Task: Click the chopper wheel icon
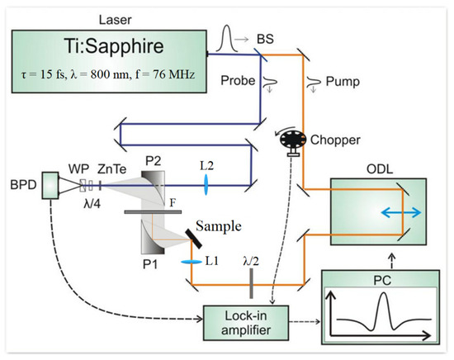coord(291,140)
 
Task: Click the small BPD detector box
coord(52,186)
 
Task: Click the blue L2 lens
coord(204,188)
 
